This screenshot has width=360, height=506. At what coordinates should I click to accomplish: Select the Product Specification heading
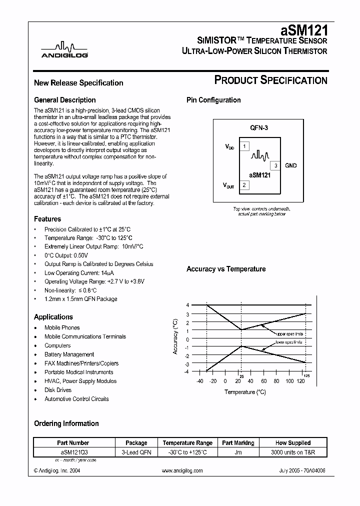[x=270, y=80]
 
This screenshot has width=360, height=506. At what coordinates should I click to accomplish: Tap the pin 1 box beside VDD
[x=243, y=146]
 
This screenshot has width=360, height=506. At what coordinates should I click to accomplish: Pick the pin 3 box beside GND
[x=275, y=165]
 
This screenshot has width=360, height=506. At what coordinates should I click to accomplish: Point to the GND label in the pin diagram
[x=291, y=165]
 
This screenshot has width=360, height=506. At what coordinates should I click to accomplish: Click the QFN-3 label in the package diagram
[x=259, y=128]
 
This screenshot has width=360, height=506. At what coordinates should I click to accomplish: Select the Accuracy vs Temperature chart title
[x=225, y=269]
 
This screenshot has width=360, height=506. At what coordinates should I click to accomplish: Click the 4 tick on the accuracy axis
[x=187, y=305]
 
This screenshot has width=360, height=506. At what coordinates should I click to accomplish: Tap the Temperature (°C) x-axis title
[x=244, y=392]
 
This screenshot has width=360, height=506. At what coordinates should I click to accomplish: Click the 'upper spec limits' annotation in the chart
[x=290, y=333]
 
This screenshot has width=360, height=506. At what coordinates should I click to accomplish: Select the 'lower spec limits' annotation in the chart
[x=289, y=342]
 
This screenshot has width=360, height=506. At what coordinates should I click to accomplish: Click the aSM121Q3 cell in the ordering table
[x=73, y=451]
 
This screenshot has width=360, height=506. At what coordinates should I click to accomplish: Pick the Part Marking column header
[x=238, y=443]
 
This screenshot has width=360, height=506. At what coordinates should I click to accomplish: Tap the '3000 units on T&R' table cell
[x=292, y=451]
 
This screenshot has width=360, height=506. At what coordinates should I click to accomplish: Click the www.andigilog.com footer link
[x=182, y=471]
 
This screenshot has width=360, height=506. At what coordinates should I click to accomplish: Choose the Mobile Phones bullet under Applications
[x=62, y=327]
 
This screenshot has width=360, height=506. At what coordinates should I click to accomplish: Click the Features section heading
[x=47, y=219]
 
